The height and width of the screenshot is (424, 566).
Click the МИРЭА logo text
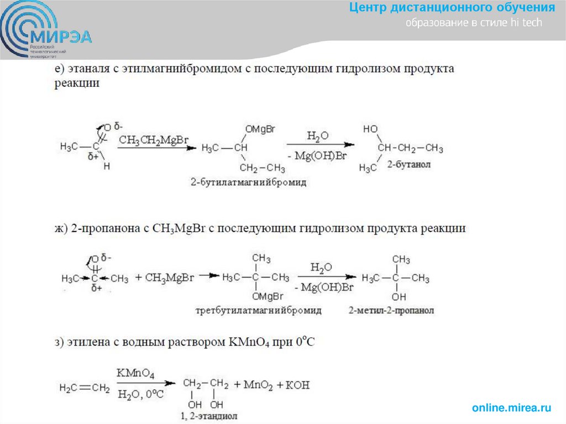pyautogui.click(x=62, y=37)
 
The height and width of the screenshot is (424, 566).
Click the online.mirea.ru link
pyautogui.click(x=511, y=408)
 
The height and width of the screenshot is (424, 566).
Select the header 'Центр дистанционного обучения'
pyautogui.click(x=452, y=8)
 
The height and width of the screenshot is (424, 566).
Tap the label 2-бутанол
pyautogui.click(x=408, y=165)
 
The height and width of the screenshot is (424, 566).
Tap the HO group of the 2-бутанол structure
pyautogui.click(x=370, y=129)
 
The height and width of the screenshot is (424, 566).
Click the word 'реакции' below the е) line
pyautogui.click(x=77, y=83)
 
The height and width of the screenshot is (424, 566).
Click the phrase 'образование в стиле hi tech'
pyautogui.click(x=474, y=23)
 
